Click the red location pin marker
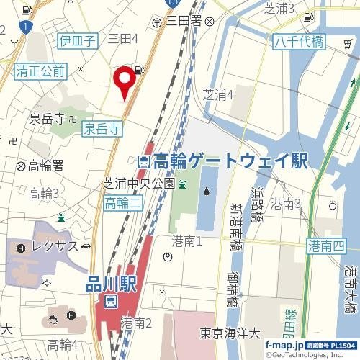pos(125,78)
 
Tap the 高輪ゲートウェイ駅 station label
pos(230,161)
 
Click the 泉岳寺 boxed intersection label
pos(102,129)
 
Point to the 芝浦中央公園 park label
pos(139,183)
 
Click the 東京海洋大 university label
pos(229,334)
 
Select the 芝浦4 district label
pos(219,94)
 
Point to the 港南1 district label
pos(187,240)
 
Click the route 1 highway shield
pos(27,27)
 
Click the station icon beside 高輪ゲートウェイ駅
pos(144,161)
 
